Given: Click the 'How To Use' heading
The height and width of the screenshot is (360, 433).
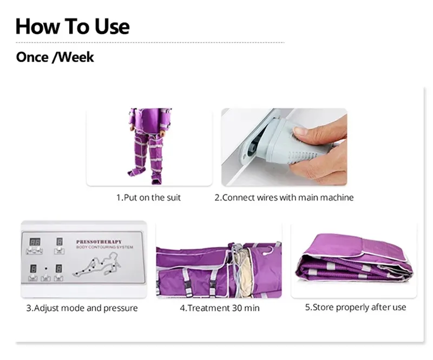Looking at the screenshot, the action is (x=73, y=26).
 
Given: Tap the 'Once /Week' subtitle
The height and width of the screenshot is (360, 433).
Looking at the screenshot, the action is (x=55, y=57).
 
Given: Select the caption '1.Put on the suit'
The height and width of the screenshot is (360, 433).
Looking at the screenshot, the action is (x=148, y=198).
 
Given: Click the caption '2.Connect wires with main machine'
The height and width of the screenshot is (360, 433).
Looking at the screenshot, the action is (x=284, y=198).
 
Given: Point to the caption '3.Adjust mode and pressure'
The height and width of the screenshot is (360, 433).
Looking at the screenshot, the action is (x=82, y=308).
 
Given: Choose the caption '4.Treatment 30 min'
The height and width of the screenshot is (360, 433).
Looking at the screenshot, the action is (x=220, y=308).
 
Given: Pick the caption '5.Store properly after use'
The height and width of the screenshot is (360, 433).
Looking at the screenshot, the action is (x=356, y=307).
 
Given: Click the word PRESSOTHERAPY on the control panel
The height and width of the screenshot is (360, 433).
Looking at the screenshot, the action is (x=99, y=242).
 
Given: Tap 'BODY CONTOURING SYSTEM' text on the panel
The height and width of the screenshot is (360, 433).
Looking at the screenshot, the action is (x=104, y=247).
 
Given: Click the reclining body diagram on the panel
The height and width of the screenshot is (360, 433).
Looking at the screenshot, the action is (x=97, y=265).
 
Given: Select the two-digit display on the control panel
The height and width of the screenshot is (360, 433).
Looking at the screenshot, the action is (x=35, y=242).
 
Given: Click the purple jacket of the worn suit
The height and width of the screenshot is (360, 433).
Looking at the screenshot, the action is (x=150, y=119).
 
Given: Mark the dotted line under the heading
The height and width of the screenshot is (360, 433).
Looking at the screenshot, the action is (x=150, y=43).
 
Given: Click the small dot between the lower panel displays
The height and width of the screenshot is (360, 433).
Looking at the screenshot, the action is (x=46, y=269).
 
